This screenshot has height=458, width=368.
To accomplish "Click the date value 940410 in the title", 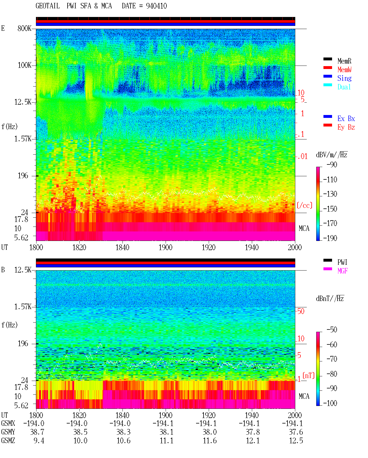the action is point(156,6).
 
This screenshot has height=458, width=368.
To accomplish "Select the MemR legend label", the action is point(344,61).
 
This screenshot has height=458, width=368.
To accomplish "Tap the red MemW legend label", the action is point(344,70).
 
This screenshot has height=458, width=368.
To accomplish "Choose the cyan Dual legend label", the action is point(344,87).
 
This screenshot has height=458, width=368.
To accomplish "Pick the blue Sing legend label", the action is point(344,78).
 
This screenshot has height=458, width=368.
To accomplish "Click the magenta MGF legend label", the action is point(342,271).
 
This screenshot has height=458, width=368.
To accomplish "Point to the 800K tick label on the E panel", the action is point(24,28).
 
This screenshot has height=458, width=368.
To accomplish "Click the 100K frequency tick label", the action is point(24,65).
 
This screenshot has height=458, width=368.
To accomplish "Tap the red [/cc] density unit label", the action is point(304,205).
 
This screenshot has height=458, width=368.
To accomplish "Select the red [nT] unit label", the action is point(308,375).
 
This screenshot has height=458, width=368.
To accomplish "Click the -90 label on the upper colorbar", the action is point(332,164).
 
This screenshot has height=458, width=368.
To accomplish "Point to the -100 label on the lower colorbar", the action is point(330,403).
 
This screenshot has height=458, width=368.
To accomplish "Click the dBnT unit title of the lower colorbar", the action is point(330,299).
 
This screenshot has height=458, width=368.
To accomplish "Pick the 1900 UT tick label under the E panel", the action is point(165,248).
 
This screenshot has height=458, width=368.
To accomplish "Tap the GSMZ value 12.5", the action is point(296,440).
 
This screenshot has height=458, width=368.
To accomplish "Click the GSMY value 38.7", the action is point(37,432).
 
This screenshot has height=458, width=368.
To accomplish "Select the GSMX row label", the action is point(8,423).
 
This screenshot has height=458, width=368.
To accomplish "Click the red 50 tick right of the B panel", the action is point(301,311).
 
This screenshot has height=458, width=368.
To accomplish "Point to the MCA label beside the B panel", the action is point(304,396).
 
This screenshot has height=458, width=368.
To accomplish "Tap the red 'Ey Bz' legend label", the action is point(346,127).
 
